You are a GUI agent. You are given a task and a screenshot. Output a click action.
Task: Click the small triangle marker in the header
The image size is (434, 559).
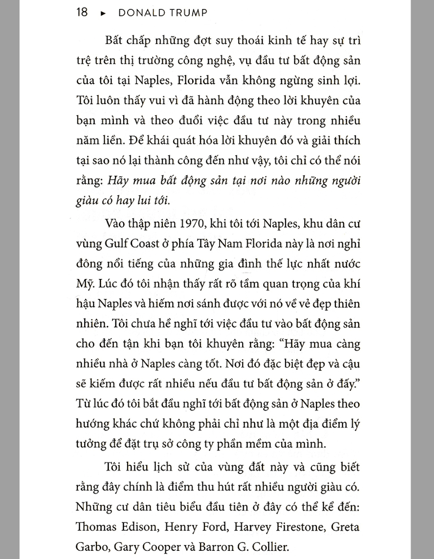[103, 13]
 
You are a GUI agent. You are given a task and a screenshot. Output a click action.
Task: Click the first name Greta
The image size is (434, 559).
[345, 527]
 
